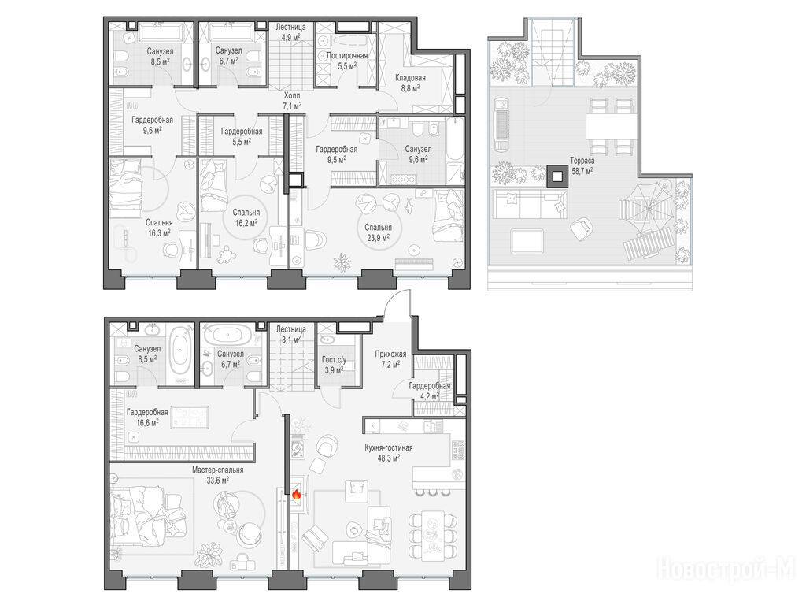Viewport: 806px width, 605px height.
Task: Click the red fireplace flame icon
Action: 296,495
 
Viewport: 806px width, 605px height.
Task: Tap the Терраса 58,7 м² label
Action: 582,165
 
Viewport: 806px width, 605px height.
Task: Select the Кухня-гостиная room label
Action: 389,448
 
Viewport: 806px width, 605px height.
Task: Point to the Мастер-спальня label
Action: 218,470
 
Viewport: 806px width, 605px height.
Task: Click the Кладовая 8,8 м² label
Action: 410,83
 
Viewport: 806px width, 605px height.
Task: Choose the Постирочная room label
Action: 347,56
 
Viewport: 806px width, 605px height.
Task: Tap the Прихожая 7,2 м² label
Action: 390,358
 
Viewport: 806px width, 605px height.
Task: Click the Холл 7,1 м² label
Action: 291,101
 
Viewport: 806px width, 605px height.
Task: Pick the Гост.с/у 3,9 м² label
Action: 334,364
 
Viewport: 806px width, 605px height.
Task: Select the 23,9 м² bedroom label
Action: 379,232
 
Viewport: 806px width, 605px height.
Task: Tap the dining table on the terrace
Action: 611,126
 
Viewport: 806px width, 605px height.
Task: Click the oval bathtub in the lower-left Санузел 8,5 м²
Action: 180,352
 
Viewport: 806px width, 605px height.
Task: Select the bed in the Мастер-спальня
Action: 146,513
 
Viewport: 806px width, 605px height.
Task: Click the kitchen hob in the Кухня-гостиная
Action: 457,450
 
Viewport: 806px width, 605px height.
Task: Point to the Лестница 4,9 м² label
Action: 291,32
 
